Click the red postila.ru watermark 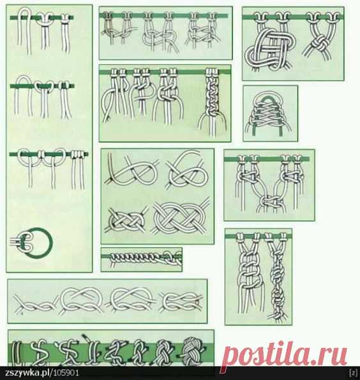[x=284, y=355]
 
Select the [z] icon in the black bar [x=354, y=372]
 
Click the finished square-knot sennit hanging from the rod [x=213, y=100]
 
